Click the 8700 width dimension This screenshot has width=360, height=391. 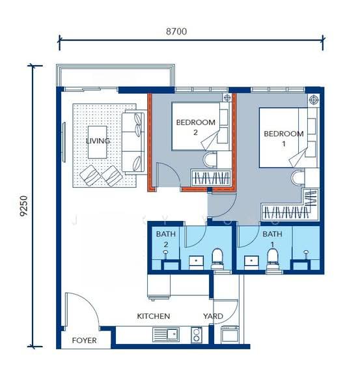point(176,31)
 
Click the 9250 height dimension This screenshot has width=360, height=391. point(24,206)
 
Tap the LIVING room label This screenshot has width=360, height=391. point(98,141)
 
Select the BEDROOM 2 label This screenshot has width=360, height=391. point(195,127)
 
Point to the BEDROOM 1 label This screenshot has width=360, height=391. point(284,139)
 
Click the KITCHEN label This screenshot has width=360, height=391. point(154,316)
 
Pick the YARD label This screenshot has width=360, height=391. point(213,316)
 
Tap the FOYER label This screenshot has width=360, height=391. point(84,340)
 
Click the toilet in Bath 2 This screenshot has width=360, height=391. point(217,259)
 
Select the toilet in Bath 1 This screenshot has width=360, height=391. point(272,259)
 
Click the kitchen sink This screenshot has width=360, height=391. point(165,335)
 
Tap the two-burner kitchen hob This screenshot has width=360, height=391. point(197,335)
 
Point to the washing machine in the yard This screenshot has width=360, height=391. point(230,335)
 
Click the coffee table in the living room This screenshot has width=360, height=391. point(98,142)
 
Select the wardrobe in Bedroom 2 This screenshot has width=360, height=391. point(212,178)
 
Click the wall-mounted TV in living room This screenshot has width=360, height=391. point(64,142)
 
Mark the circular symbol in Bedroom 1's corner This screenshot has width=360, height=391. point(313,100)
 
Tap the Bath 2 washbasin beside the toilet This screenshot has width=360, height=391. point(196,263)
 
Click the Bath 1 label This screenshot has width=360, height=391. point(272,239)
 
